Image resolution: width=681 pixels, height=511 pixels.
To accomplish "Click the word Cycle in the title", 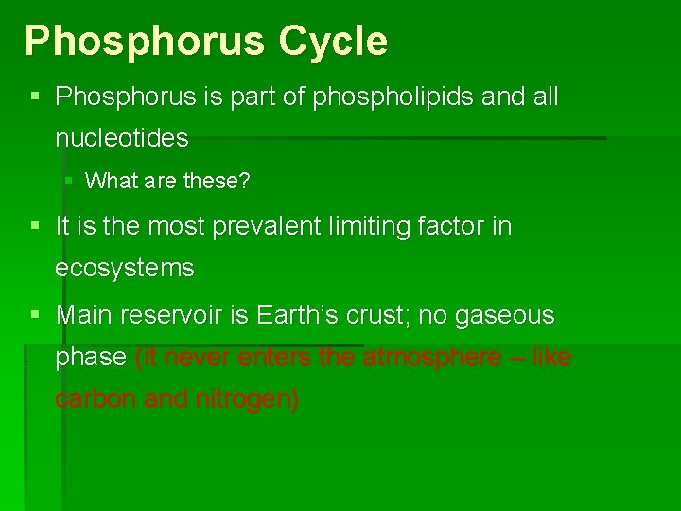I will [x=332, y=41].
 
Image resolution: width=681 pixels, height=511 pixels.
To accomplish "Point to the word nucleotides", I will [x=122, y=139].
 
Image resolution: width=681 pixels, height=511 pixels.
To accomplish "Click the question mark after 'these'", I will [x=245, y=181].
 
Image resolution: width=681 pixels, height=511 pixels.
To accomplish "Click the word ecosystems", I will [x=125, y=269].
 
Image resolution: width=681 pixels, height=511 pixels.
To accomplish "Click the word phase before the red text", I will [x=91, y=357].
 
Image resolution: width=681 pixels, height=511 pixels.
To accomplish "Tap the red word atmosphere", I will [x=431, y=357].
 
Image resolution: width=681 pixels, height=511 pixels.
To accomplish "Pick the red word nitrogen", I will [x=247, y=399].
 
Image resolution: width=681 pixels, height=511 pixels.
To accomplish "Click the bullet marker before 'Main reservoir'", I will [x=35, y=314].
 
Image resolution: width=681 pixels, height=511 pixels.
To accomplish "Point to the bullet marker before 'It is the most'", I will [x=35, y=226].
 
